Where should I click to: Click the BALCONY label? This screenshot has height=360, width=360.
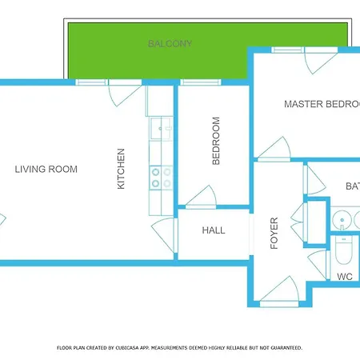click(x=170, y=43)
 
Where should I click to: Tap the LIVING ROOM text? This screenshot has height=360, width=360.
click(x=46, y=169)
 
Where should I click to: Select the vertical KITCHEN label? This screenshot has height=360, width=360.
click(x=122, y=169)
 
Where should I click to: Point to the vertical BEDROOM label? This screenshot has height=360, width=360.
click(x=216, y=142)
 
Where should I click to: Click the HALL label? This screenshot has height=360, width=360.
click(x=214, y=230)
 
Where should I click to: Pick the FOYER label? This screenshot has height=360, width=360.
click(x=274, y=233)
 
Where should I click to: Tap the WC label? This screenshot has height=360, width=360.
click(x=345, y=277)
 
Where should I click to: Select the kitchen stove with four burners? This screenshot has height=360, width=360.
click(x=161, y=178)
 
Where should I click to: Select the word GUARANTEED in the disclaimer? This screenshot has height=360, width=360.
click(x=284, y=348)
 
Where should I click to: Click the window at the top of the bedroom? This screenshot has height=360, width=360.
click(x=200, y=82)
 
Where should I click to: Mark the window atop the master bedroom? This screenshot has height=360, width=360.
click(x=288, y=50)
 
